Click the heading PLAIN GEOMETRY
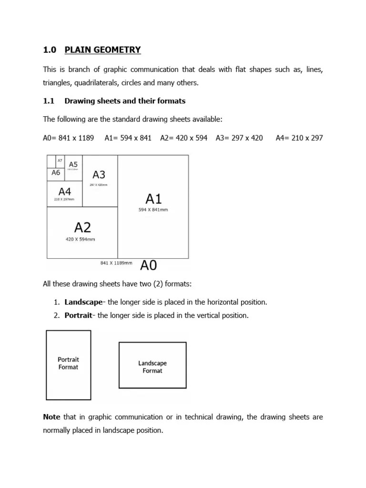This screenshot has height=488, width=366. point(102,50)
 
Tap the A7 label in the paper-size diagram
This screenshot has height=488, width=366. point(60,161)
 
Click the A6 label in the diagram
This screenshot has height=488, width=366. point(56,173)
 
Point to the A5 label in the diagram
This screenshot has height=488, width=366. point(73,164)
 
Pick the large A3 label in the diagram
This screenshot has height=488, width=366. point(99,175)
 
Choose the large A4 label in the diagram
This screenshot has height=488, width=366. point(65,192)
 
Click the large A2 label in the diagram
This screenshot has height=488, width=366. point(82,227)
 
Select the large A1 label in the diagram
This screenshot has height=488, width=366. point(153,199)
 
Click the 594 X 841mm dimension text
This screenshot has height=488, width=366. point(153,210)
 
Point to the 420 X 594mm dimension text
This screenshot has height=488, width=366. point(80,239)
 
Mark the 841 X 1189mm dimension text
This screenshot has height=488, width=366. point(116,263)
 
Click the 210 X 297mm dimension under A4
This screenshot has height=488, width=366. point(65,199)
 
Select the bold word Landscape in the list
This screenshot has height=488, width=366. point(83,302)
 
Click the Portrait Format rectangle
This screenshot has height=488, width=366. point(68,365)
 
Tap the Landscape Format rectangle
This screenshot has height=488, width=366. point(152,366)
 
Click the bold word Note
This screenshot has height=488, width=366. point(51,417)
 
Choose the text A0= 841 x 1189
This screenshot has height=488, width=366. point(69,138)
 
